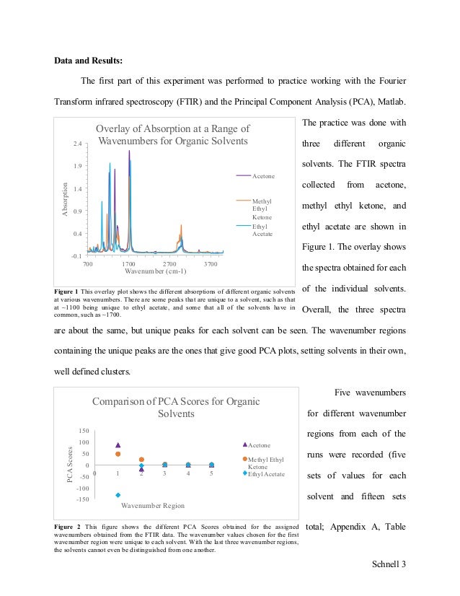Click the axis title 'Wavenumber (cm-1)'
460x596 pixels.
[x=156, y=272]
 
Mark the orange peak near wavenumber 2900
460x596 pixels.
[x=181, y=226]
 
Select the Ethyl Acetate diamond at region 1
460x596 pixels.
[x=118, y=495]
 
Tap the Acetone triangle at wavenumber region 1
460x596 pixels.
[x=118, y=446]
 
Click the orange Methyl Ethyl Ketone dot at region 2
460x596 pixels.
[x=141, y=460]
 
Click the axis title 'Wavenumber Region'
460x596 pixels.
[x=151, y=505]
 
